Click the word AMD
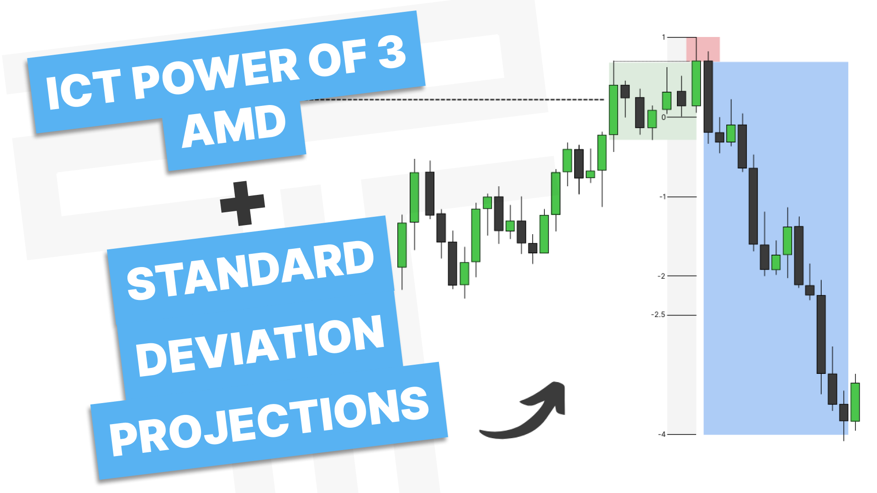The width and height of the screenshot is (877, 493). click(x=234, y=126)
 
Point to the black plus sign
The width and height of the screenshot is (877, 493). click(x=243, y=203)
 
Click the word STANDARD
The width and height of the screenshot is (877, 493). click(x=250, y=271)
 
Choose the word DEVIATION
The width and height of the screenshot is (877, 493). click(x=260, y=346)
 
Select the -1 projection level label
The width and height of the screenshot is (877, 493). click(x=662, y=197)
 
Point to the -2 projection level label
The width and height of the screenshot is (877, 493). click(x=661, y=276)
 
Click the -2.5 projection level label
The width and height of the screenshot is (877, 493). click(x=658, y=315)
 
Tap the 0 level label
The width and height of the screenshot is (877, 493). click(x=664, y=117)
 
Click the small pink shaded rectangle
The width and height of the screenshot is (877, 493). click(x=703, y=49)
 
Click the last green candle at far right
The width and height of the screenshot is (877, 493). click(x=855, y=402)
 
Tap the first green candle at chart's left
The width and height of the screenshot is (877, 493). click(x=402, y=245)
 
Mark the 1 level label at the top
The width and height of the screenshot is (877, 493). click(x=664, y=37)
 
